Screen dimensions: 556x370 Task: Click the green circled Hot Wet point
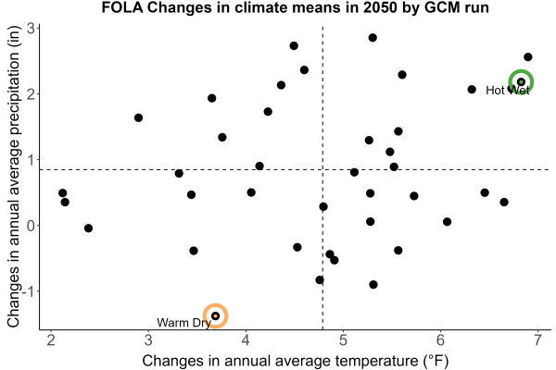tap(521, 82)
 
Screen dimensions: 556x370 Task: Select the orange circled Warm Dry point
tap(215, 315)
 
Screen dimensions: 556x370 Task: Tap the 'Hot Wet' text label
tap(508, 91)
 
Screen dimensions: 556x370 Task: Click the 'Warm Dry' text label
tap(183, 323)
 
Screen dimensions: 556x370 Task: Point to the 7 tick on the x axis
tap(537, 340)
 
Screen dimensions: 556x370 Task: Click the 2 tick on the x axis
tap(51, 340)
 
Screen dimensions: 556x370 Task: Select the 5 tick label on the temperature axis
tap(343, 340)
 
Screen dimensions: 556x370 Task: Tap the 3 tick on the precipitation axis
tap(32, 28)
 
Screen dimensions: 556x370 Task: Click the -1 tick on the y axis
tap(29, 291)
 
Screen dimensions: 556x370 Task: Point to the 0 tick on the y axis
tap(32, 226)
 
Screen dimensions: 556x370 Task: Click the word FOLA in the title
tap(122, 7)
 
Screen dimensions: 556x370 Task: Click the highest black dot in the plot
tap(373, 38)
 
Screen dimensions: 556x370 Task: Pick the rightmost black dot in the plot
tap(527, 56)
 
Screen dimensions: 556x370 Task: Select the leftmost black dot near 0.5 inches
tap(63, 193)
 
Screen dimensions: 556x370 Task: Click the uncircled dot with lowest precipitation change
tap(373, 284)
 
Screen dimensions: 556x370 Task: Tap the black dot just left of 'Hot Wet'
tap(472, 89)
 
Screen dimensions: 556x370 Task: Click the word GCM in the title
tap(440, 7)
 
